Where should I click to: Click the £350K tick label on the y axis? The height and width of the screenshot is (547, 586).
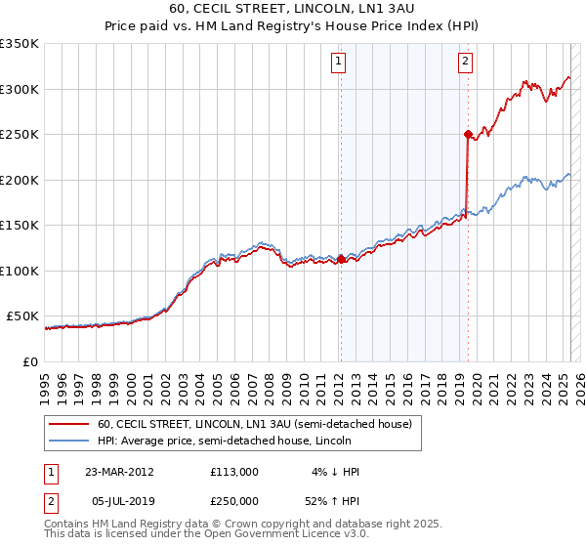(x=20, y=44)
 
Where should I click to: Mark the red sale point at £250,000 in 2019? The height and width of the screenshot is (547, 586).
(x=468, y=134)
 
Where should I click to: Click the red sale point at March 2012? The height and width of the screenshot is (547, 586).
(x=341, y=259)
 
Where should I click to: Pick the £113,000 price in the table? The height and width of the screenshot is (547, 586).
(x=233, y=472)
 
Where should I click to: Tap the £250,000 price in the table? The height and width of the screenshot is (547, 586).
(x=233, y=500)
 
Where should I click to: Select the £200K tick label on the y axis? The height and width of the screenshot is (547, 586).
(x=20, y=180)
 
